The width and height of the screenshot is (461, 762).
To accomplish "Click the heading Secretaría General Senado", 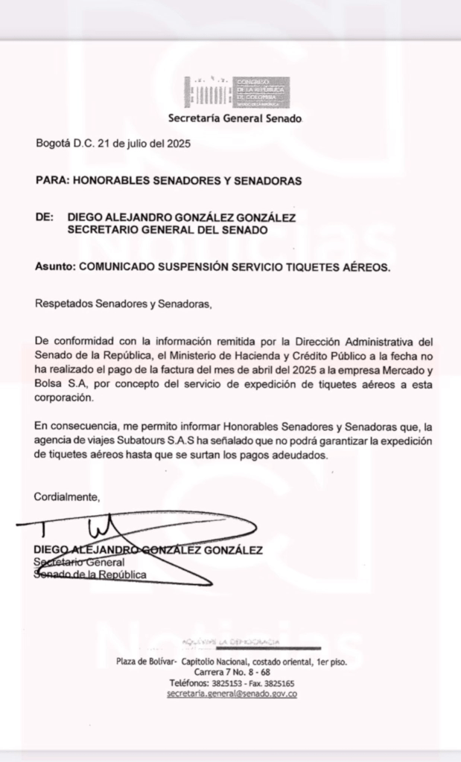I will pyautogui.click(x=235, y=118).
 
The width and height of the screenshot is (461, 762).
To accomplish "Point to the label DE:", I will pyautogui.click(x=45, y=217).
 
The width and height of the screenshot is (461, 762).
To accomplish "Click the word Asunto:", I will pyautogui.click(x=55, y=266).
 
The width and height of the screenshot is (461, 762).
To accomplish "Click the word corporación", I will pyautogui.click(x=65, y=397).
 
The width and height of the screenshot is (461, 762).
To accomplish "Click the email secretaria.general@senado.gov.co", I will pyautogui.click(x=232, y=694).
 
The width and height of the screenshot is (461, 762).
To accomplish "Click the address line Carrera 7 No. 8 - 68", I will pyautogui.click(x=232, y=672).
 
